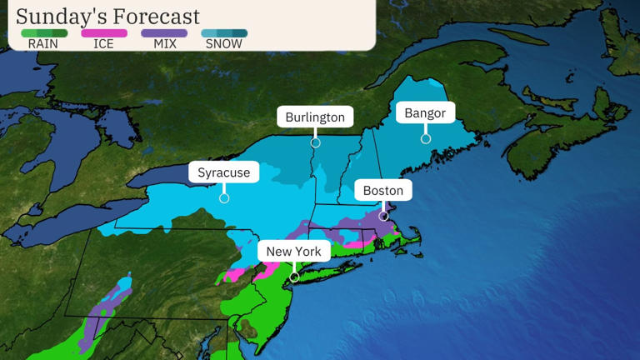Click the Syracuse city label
coord(223,172)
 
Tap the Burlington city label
coord(315,117)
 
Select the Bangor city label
coord(425,112)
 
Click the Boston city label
coord(383,190)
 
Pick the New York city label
coord(293,251)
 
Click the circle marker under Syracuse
coord(224,198)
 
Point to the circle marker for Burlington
coord(315,143)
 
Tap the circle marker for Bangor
coord(425,138)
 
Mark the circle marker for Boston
coord(383,216)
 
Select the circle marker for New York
coord(294,277)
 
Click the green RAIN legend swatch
coord(43,33)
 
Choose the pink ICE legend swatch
coord(104,33)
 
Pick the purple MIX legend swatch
coord(164,33)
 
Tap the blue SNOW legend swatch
coord(224,33)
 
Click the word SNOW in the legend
coord(224,44)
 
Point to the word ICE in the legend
coord(104,44)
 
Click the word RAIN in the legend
coord(43,44)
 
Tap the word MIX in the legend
coord(164,44)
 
